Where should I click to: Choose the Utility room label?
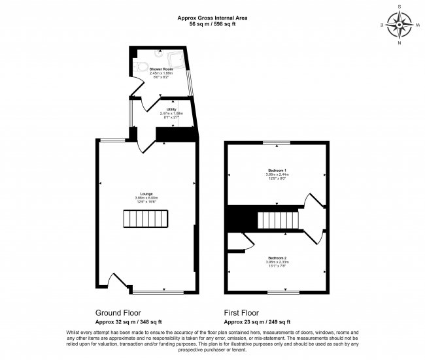pyautogui.click(x=171, y=110)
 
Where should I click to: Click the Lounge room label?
pyautogui.click(x=146, y=193)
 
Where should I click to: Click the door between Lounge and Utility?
pyautogui.click(x=147, y=142)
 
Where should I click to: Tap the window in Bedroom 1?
pyautogui.click(x=277, y=142)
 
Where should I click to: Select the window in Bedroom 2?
pyautogui.click(x=277, y=290)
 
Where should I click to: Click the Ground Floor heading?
pyautogui.click(x=118, y=313)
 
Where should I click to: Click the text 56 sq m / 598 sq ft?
pyautogui.click(x=212, y=24)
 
